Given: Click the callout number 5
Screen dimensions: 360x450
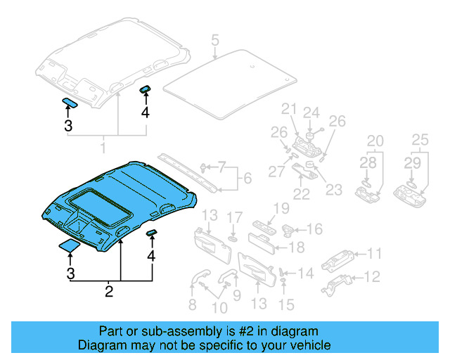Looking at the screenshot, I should click(x=214, y=40).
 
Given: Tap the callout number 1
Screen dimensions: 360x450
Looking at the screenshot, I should click(x=103, y=148).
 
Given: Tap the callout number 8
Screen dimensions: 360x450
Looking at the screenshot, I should click(x=192, y=304).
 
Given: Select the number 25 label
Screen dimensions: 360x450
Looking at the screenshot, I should click(x=420, y=140).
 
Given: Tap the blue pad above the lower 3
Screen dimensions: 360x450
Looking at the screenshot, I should click(x=69, y=245).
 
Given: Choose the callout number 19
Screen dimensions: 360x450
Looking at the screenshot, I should click(x=281, y=208).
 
